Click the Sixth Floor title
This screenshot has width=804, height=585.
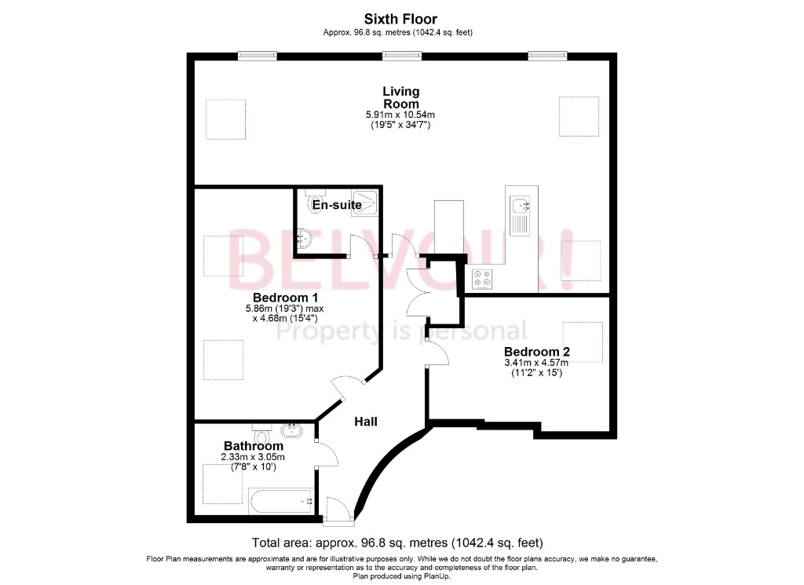click(400, 19)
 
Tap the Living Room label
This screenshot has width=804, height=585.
click(400, 97)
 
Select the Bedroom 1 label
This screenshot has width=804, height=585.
click(285, 298)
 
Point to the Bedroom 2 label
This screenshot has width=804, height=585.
click(537, 351)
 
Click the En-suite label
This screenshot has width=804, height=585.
click(337, 206)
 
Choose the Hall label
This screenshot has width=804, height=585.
click(365, 422)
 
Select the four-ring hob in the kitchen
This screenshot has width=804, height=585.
click(482, 278)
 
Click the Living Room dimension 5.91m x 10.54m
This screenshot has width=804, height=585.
click(400, 115)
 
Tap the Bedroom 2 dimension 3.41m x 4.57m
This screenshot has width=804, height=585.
click(536, 363)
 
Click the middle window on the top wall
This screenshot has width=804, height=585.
click(401, 55)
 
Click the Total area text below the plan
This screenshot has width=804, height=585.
click(397, 543)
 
